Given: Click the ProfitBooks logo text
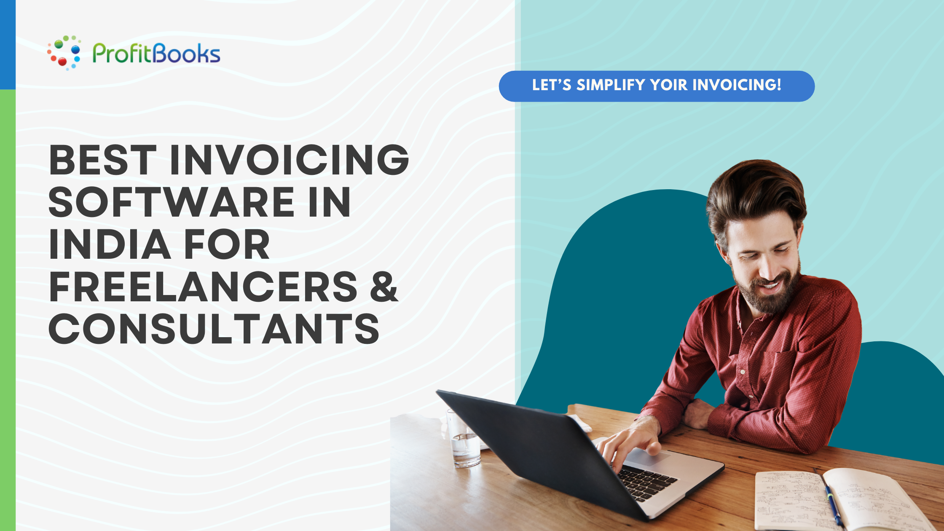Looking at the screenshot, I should tap(156, 54).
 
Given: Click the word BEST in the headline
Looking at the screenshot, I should tap(103, 160).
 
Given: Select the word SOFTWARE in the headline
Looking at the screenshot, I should tap(171, 202).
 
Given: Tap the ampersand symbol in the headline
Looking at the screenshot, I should tap(384, 287).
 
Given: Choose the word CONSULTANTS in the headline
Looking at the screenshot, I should tap(214, 329).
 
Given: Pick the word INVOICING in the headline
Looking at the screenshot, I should tap(289, 160).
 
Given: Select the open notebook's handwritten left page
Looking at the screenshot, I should tap(788, 501).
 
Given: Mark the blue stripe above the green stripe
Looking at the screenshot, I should tap(8, 44).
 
